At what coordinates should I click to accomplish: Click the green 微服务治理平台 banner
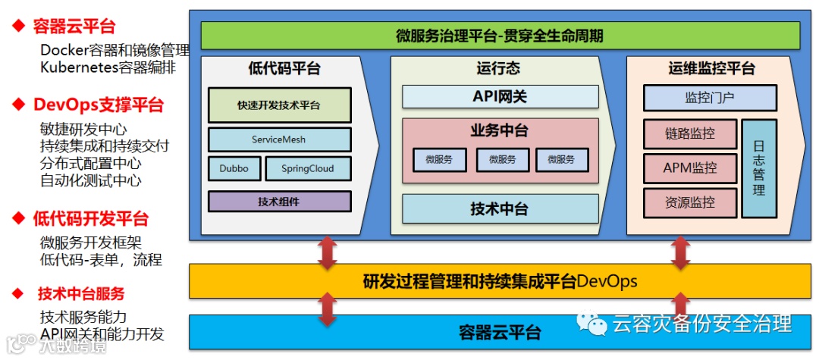click(x=500, y=36)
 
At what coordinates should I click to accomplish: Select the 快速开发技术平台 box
click(x=279, y=105)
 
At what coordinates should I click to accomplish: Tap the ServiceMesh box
click(x=279, y=139)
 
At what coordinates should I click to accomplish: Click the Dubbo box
click(x=234, y=168)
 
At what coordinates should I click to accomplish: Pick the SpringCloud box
click(x=307, y=168)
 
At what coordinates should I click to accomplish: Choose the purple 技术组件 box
click(x=279, y=201)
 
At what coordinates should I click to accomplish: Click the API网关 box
click(x=500, y=96)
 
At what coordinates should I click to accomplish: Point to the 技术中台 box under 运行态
click(x=500, y=208)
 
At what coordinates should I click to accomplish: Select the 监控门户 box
click(x=709, y=98)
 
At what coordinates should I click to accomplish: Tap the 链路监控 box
click(x=689, y=133)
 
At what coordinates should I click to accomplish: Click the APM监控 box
click(x=689, y=168)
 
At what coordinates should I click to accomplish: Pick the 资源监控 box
click(x=689, y=202)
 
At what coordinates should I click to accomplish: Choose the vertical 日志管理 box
click(x=758, y=167)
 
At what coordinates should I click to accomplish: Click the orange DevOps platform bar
click(x=500, y=282)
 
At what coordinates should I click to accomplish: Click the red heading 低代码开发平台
click(x=90, y=219)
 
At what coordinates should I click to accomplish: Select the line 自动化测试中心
click(x=90, y=180)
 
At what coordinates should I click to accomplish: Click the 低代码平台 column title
click(x=284, y=69)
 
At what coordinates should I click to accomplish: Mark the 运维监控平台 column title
click(x=711, y=69)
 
